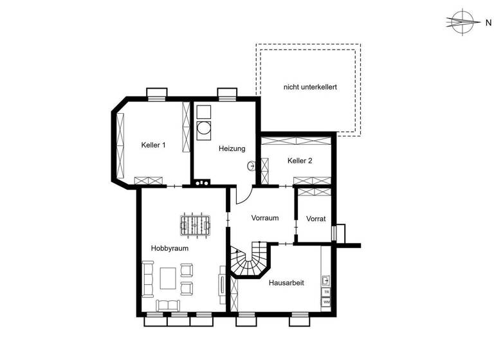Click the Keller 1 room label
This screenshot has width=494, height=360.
pos(153,145)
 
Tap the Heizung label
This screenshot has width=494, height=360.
pos(232,148)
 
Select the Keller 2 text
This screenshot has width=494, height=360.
pos(300,161)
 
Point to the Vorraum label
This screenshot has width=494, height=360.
pos(264,218)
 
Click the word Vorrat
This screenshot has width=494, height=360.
pos(315,219)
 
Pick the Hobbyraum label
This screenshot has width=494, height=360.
pos(169,248)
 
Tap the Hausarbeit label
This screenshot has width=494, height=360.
pos(286,282)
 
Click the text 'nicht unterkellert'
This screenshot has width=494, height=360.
pos(310,86)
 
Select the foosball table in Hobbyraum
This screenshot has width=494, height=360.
pos(195,224)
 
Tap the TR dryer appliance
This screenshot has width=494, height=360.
pos(326,291)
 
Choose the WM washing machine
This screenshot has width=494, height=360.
pos(326,301)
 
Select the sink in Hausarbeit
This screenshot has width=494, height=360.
pos(326,280)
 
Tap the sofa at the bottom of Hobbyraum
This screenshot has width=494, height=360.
pos(170,305)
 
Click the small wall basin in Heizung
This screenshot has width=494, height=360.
pos(251,166)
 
